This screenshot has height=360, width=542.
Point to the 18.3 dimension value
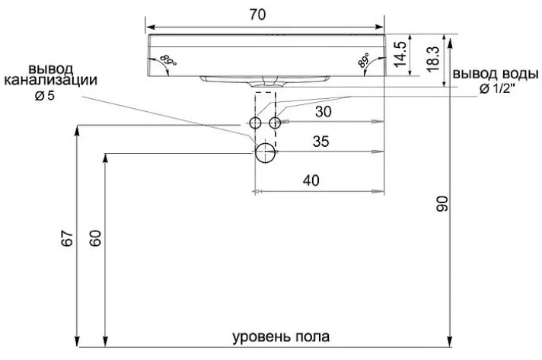coord(431,59)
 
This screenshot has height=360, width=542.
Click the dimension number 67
coord(67,237)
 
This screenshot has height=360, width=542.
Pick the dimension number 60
coord(94,237)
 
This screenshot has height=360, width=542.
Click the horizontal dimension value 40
coord(311,180)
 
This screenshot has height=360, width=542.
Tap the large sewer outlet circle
coord(265,152)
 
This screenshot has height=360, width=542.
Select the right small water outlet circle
coord(275,122)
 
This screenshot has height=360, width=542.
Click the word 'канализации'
coord(51,81)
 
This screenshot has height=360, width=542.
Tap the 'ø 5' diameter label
coord(46,97)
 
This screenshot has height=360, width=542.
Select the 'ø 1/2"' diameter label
coord(498,89)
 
